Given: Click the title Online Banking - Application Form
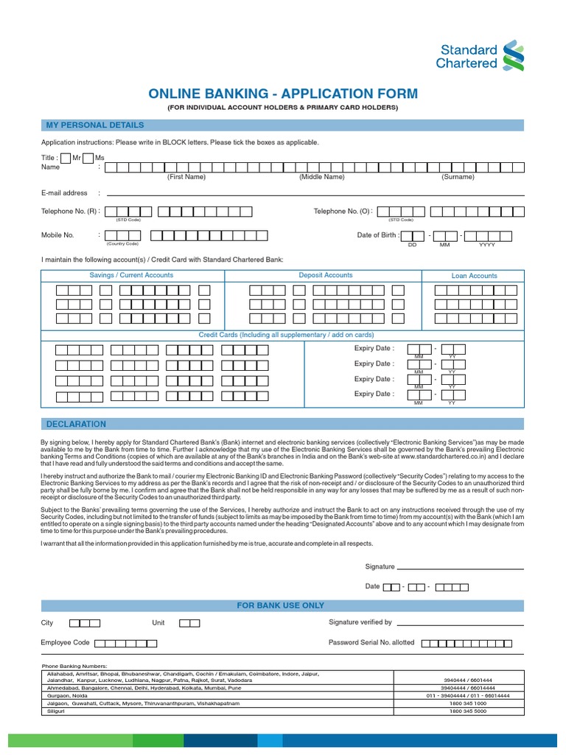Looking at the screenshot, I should tap(282, 94).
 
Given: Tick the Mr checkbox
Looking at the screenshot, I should tap(66, 158).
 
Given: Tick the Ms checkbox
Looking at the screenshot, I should tap(88, 158).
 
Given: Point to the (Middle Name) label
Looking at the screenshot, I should tap(321, 177).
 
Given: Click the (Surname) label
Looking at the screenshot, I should tap(458, 177).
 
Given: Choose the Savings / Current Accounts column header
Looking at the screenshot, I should tap(131, 275).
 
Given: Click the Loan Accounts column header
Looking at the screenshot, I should tap(474, 276).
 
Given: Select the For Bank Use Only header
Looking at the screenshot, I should tap(280, 605).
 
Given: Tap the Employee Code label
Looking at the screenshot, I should tap(65, 643).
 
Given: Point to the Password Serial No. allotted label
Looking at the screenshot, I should tap(371, 642).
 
